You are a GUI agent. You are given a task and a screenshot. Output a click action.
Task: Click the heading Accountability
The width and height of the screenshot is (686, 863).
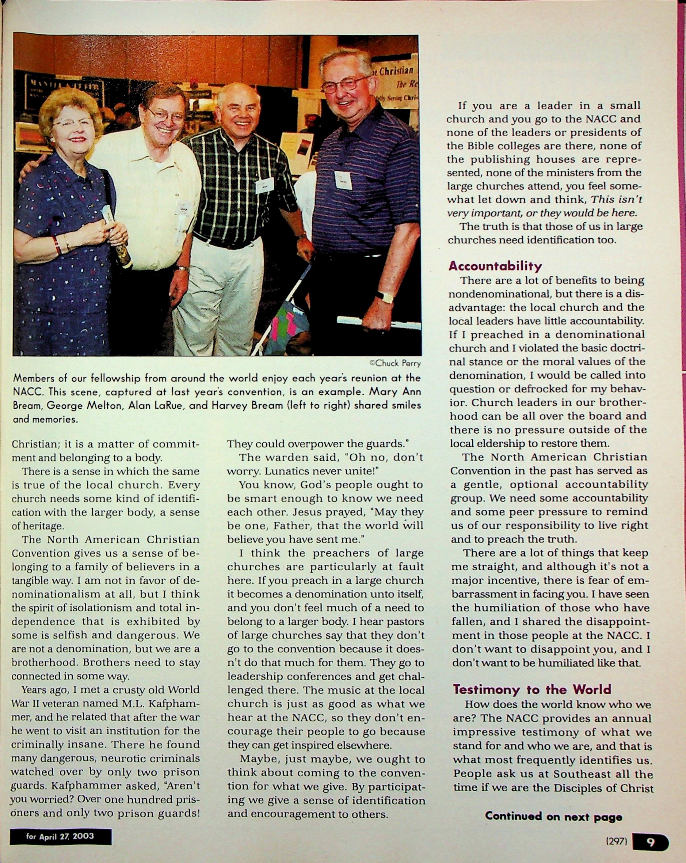[x=495, y=266]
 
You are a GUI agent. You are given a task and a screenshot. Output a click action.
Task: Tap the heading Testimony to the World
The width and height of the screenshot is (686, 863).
[x=532, y=689]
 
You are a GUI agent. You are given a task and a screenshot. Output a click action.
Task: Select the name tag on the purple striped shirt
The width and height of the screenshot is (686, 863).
[x=343, y=180]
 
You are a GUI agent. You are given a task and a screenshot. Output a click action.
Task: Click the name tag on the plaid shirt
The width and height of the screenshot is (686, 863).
[x=264, y=185]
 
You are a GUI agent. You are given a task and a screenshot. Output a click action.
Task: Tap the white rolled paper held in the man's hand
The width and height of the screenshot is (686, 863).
[x=379, y=323]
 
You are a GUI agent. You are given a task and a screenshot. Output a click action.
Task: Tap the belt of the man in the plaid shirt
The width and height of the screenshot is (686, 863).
[x=224, y=241]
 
